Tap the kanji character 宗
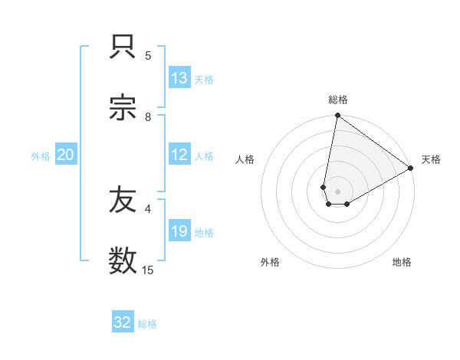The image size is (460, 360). [123, 108]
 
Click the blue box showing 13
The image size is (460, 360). [179, 78]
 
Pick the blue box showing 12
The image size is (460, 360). [179, 155]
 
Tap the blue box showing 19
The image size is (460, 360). [179, 231]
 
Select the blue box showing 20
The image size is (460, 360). [66, 155]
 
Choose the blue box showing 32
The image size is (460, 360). [123, 322]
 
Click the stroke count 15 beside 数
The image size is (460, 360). [148, 270]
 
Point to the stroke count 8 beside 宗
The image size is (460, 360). [148, 116]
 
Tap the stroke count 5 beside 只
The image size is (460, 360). [148, 55]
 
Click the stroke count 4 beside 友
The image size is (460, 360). [148, 208]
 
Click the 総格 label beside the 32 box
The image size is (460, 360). [148, 324]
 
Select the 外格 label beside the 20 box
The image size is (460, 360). [41, 156]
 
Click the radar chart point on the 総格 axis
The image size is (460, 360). [337, 116]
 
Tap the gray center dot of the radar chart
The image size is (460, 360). [338, 191]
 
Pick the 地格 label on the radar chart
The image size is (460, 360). [402, 262]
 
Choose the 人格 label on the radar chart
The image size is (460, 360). [245, 159]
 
